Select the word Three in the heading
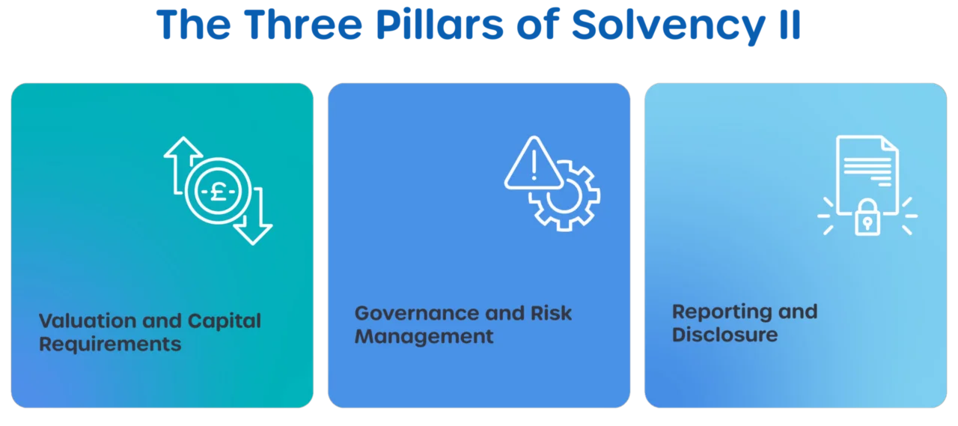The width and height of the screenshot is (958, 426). tap(303, 25)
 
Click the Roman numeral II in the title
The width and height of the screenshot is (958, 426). tap(790, 25)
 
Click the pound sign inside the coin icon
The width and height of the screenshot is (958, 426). tap(218, 191)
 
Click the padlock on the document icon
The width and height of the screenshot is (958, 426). tap(867, 217)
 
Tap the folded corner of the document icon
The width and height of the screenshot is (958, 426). tap(890, 144)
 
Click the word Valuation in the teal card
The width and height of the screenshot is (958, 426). tap(88, 320)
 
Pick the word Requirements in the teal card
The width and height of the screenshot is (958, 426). tap(110, 344)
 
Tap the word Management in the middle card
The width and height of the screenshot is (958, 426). tap(424, 337)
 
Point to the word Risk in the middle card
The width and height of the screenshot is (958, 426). tap(551, 313)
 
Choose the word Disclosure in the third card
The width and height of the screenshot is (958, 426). tap(725, 335)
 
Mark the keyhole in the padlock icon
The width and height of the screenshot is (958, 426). tap(867, 223)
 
